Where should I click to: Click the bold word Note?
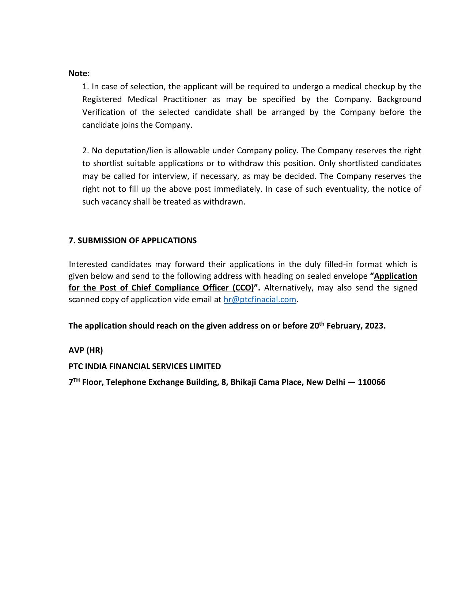click(x=79, y=73)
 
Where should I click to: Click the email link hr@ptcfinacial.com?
click(x=259, y=299)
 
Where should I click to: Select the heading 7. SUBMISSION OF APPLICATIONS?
click(x=132, y=240)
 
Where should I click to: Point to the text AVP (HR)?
click(x=86, y=350)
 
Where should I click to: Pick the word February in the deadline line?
click(x=342, y=326)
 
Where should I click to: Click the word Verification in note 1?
click(x=103, y=112)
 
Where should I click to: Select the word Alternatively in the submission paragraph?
click(x=288, y=288)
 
